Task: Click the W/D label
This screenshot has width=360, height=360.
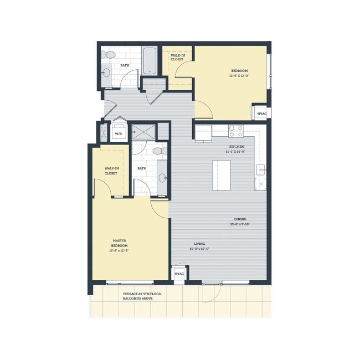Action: (119, 134)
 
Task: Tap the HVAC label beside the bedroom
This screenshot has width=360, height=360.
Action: (262, 114)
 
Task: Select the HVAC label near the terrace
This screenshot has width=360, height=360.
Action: (179, 274)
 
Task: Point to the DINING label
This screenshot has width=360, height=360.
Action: (239, 219)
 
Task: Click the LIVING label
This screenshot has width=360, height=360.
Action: (200, 243)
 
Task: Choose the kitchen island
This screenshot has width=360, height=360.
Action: (222, 176)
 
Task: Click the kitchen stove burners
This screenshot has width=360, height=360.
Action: (236, 131)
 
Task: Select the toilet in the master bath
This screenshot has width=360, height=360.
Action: (157, 151)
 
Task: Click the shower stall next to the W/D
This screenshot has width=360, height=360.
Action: (143, 132)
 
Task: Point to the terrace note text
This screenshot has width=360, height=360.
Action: (135, 296)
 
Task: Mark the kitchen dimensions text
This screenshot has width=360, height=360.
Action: (235, 151)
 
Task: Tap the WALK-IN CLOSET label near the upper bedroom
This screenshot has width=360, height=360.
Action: (178, 58)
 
